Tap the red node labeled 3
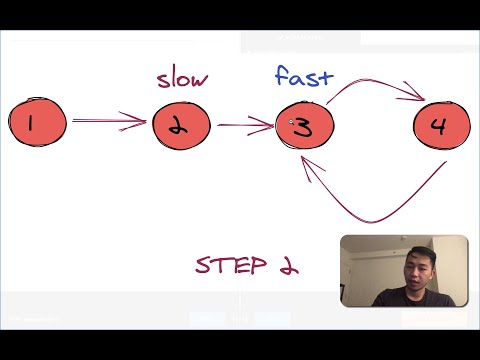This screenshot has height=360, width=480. coord(304,125)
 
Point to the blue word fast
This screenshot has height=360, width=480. coord(303,75)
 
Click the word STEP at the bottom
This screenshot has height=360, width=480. coord(231,265)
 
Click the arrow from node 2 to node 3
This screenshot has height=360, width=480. coord(245,125)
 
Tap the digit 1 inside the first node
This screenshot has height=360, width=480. coord(32,124)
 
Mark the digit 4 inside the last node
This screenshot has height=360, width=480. coord(437,126)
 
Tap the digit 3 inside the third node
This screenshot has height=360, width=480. coord(304,126)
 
